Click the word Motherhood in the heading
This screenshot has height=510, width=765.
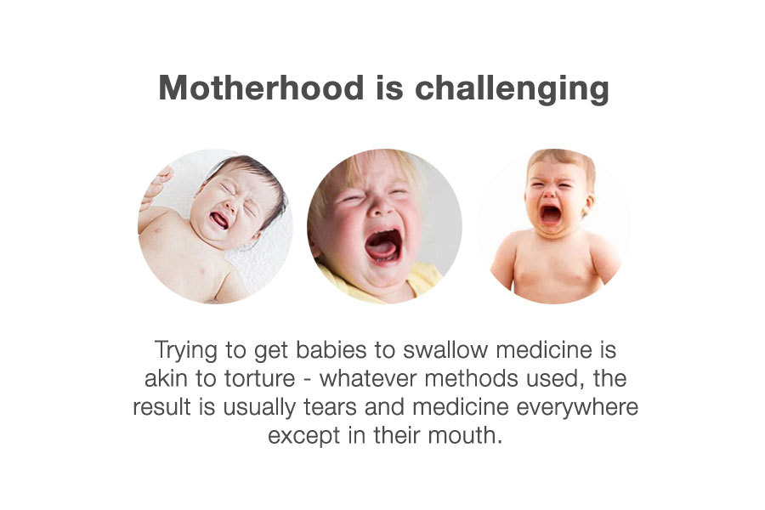click(261, 88)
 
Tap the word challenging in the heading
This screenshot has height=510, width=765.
click(512, 89)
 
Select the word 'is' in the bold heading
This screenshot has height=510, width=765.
click(389, 88)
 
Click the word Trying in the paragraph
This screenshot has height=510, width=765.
click(186, 351)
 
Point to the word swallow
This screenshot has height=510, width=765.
click(445, 350)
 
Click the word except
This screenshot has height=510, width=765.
click(304, 436)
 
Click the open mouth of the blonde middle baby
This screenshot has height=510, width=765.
click(383, 246)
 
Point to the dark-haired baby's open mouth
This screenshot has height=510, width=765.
click(219, 220)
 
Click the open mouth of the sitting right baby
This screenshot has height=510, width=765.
click(550, 213)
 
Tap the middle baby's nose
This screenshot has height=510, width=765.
click(381, 209)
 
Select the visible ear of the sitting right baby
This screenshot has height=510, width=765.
click(589, 204)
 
